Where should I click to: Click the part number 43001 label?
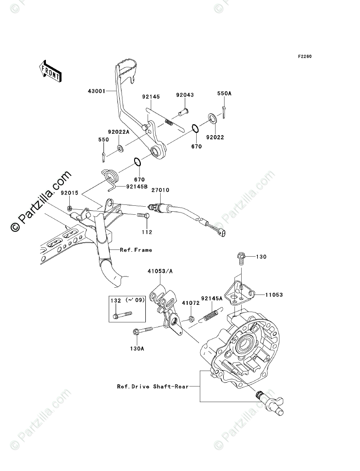click(97, 91)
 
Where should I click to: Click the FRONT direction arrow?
click(49, 70)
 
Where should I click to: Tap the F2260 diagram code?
click(304, 57)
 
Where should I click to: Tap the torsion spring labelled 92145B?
click(110, 176)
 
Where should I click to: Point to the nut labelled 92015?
click(71, 208)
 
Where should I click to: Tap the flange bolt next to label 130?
click(239, 259)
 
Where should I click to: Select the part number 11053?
click(274, 295)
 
